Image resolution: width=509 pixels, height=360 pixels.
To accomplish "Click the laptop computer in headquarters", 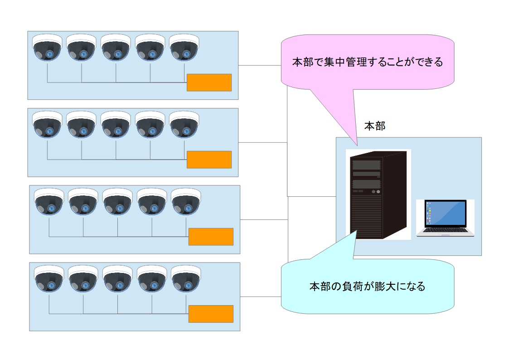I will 446,218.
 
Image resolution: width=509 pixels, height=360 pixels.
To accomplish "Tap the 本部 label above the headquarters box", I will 375,126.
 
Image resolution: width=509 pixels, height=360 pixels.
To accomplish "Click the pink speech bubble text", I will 367,62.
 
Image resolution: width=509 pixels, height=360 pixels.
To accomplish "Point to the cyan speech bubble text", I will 367,287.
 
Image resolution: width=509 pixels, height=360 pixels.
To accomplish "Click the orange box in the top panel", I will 209,83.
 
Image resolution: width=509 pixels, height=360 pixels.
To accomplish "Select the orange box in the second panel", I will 209,160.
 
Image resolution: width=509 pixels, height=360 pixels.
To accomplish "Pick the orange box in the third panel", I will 211,237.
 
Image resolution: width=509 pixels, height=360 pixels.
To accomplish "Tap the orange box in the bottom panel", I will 211,314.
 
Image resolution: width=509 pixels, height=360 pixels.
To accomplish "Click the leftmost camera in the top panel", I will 47,48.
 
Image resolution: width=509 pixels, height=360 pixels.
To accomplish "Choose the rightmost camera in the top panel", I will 184,48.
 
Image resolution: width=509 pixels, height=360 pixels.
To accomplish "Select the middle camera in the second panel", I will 116,125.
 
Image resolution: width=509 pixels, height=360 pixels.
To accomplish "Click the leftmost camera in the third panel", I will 49,202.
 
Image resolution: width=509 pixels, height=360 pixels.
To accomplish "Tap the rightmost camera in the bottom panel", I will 186,279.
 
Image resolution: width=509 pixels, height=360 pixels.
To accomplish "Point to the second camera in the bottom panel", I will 83,279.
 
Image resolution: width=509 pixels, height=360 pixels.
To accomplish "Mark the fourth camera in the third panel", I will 152,202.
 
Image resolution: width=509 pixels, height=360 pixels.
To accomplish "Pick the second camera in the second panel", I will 82,125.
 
